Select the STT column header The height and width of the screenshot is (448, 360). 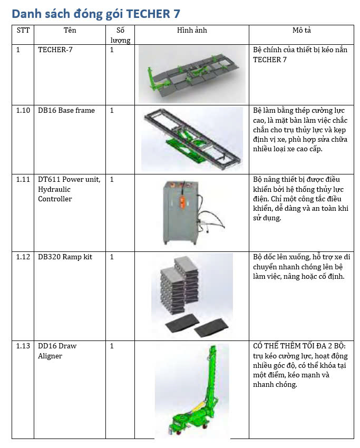click(x=23, y=31)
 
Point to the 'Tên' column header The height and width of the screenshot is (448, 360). click(x=70, y=31)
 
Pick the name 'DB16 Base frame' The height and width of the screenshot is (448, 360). click(x=66, y=111)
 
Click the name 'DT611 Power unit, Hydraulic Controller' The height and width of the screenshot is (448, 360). click(x=69, y=189)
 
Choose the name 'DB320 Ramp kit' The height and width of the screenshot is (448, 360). click(x=65, y=257)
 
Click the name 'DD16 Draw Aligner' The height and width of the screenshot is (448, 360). click(x=57, y=351)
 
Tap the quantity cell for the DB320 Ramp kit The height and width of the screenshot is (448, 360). click(x=112, y=257)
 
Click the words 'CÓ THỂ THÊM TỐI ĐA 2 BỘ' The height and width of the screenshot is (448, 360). click(x=299, y=346)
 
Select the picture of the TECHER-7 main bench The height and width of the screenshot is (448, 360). click(x=192, y=74)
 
